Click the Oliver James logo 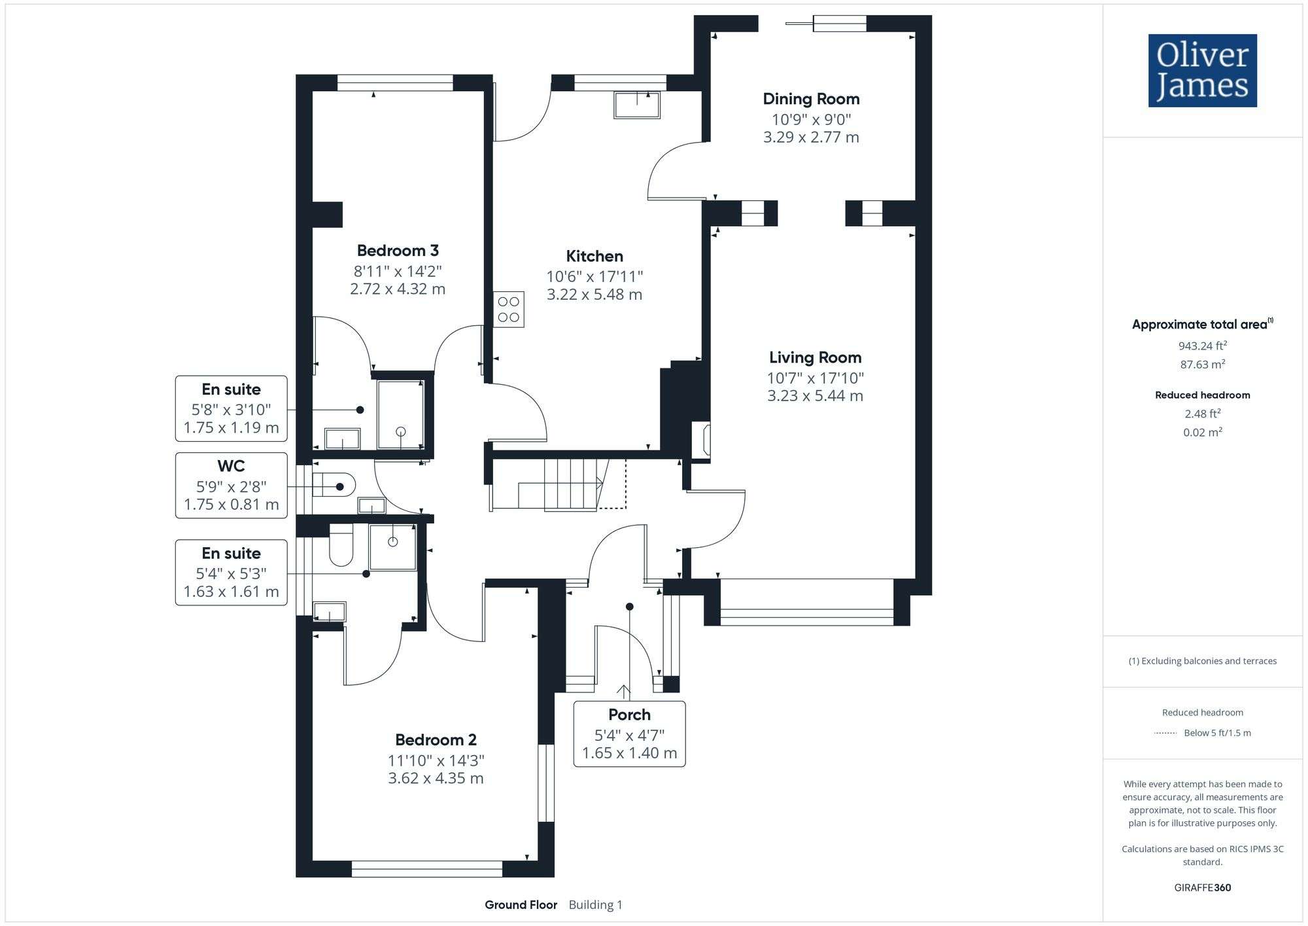pos(1202,71)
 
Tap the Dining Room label pos(811,99)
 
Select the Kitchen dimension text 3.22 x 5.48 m pos(594,294)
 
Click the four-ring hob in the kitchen pos(508,310)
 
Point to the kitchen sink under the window pos(636,105)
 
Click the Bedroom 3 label pos(398,251)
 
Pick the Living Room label pos(815,357)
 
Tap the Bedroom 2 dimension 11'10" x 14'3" pos(436,760)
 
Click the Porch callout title pos(629,715)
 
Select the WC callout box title pos(231,466)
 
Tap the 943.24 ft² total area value pos(1202,346)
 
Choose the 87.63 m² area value pos(1202,365)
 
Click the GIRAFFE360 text pos(1202,887)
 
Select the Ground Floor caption pos(521,904)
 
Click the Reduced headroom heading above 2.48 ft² pos(1202,395)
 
